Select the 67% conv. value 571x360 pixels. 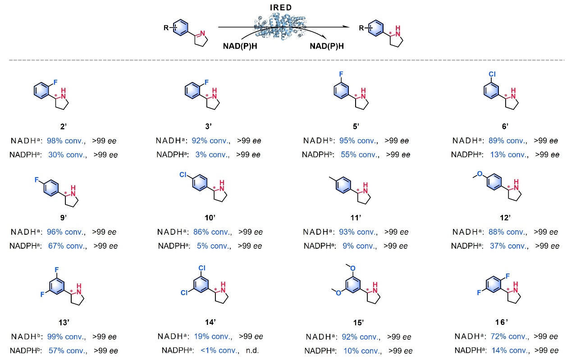66,246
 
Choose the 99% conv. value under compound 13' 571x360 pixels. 66,337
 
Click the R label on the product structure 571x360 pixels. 361,28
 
